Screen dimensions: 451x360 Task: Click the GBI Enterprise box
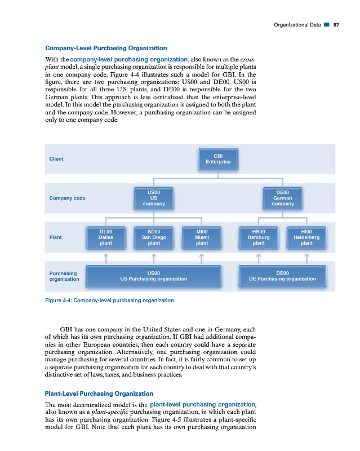[218, 158]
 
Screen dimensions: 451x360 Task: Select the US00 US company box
[153, 198]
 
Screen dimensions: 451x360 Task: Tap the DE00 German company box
[283, 198]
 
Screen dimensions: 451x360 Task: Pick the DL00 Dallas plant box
[105, 237]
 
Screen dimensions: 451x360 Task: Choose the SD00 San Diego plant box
[153, 237]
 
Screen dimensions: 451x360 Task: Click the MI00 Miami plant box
[202, 237]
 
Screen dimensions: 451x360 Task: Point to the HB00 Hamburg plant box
[259, 237]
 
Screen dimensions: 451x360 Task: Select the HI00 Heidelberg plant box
[306, 237]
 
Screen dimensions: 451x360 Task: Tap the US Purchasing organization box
[153, 276]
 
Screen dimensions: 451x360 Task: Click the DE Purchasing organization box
[283, 276]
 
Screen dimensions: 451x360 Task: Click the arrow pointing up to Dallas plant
[105, 257]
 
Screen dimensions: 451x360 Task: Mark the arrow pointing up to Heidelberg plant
[306, 257]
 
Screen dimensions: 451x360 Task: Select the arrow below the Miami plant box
[202, 257]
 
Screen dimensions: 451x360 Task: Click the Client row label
[56, 159]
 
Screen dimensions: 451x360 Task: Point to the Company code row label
[68, 198]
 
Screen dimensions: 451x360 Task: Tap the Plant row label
[56, 237]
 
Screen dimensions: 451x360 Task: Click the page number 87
[336, 25]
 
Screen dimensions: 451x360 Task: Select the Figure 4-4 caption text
[109, 300]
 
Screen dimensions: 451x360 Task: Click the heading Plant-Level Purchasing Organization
[99, 393]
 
